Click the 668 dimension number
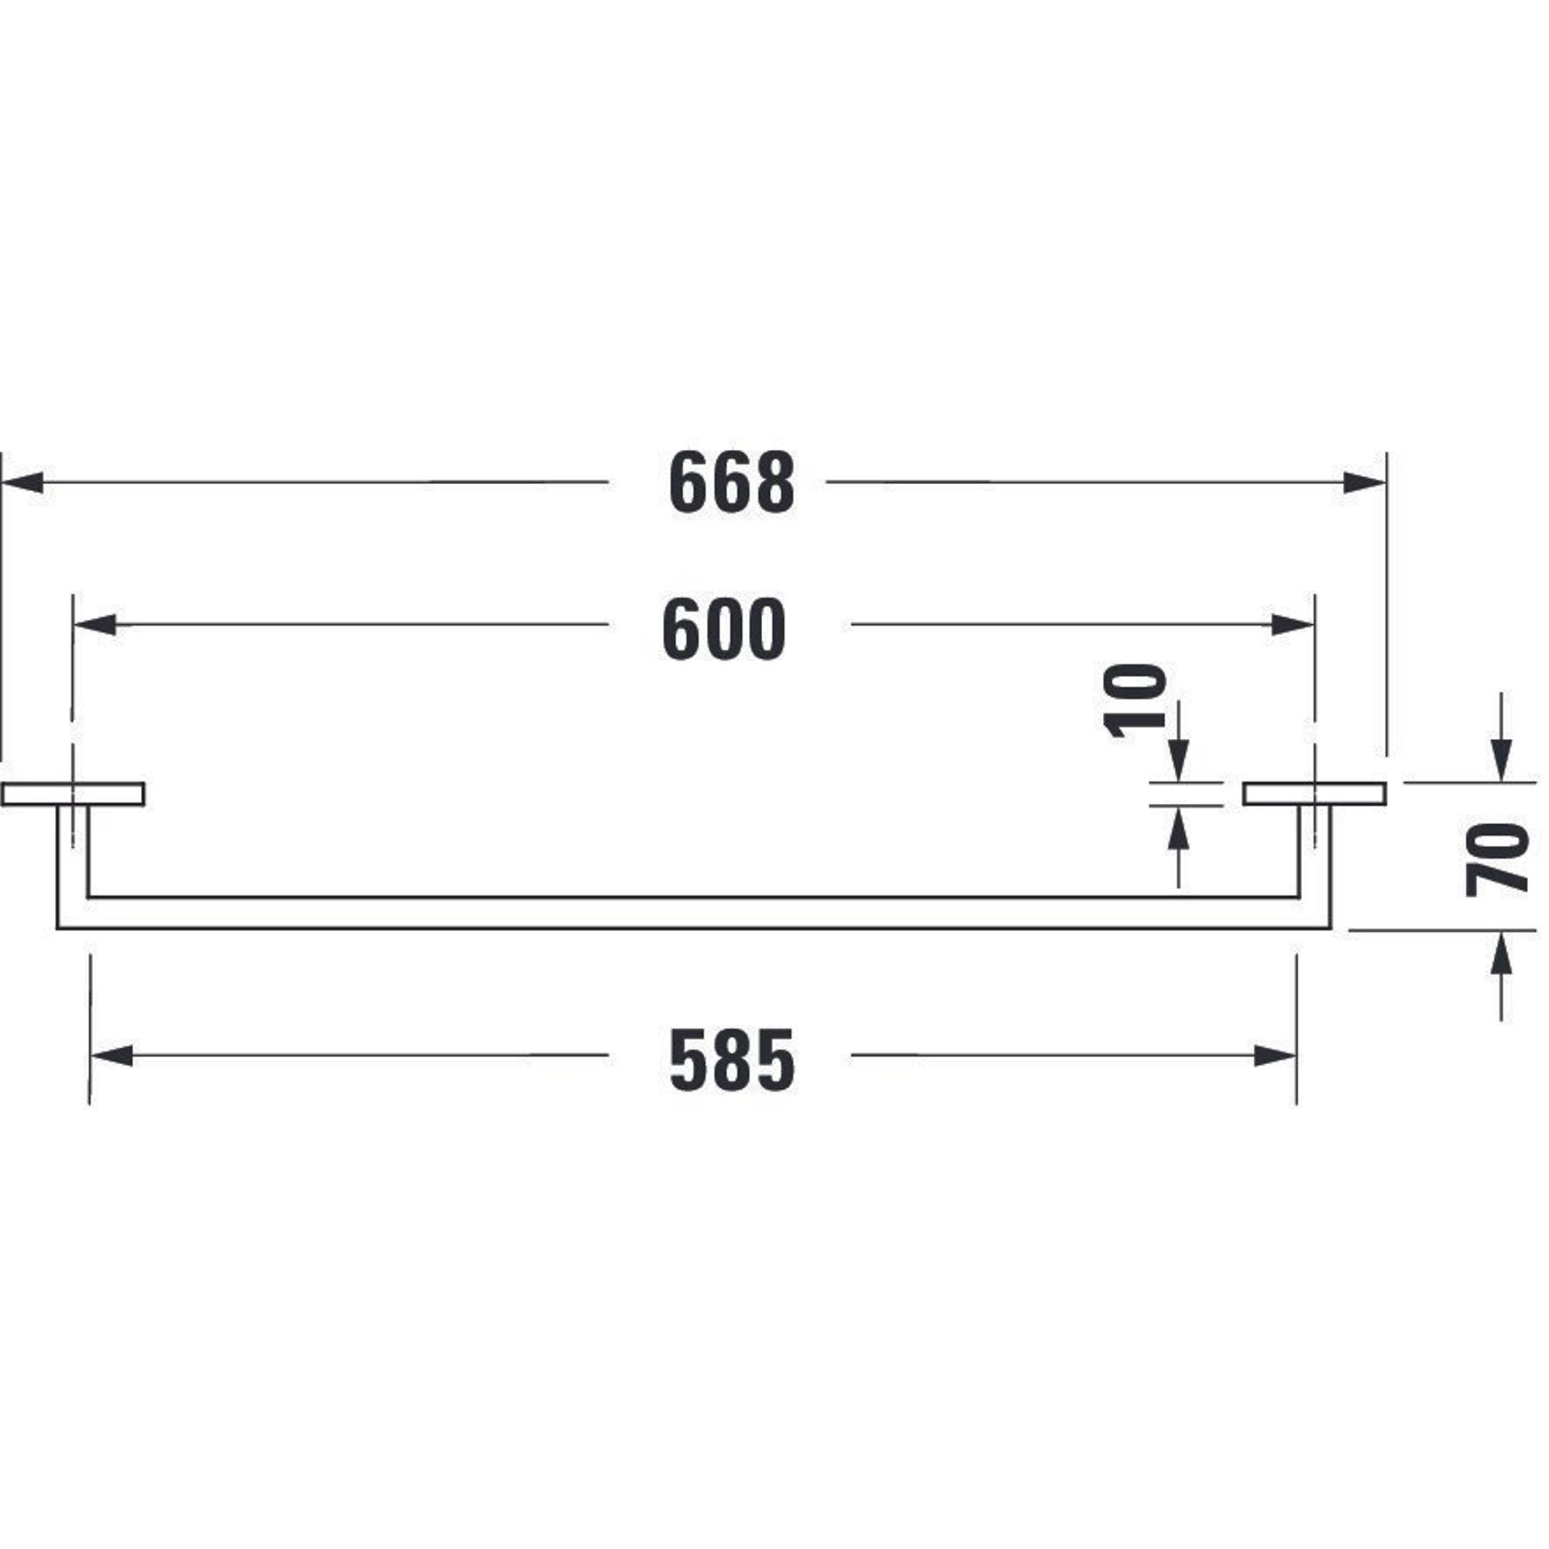731,483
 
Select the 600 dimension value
724,630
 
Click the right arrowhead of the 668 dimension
1365,483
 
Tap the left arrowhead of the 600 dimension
95,624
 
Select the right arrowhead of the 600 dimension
1293,624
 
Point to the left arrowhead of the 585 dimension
112,1056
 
